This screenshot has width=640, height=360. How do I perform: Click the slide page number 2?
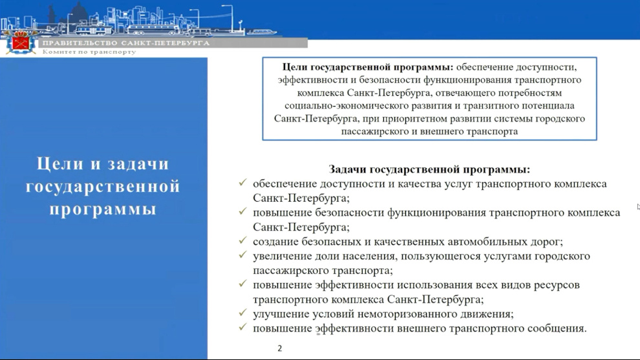pyautogui.click(x=279, y=348)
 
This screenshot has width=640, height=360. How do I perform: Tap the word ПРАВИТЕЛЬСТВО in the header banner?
pyautogui.click(x=80, y=43)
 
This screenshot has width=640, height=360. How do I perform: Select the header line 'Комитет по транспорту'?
pyautogui.click(x=89, y=52)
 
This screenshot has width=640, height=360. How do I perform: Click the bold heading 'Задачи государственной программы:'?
pyautogui.click(x=429, y=169)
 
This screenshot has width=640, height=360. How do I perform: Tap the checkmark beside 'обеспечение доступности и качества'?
pyautogui.click(x=243, y=182)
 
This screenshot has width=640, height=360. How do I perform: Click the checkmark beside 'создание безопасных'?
pyautogui.click(x=243, y=240)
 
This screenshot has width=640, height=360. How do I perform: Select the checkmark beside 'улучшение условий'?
pyautogui.click(x=243, y=313)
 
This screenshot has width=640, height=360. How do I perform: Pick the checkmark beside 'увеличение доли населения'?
pyautogui.click(x=243, y=255)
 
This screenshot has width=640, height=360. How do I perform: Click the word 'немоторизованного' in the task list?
pyautogui.click(x=411, y=314)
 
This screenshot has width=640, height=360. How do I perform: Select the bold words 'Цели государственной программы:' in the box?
pyautogui.click(x=368, y=67)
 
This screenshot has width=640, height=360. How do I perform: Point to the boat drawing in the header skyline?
pyautogui.click(x=261, y=32)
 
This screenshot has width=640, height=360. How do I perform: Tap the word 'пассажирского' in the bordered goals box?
pyautogui.click(x=376, y=131)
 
